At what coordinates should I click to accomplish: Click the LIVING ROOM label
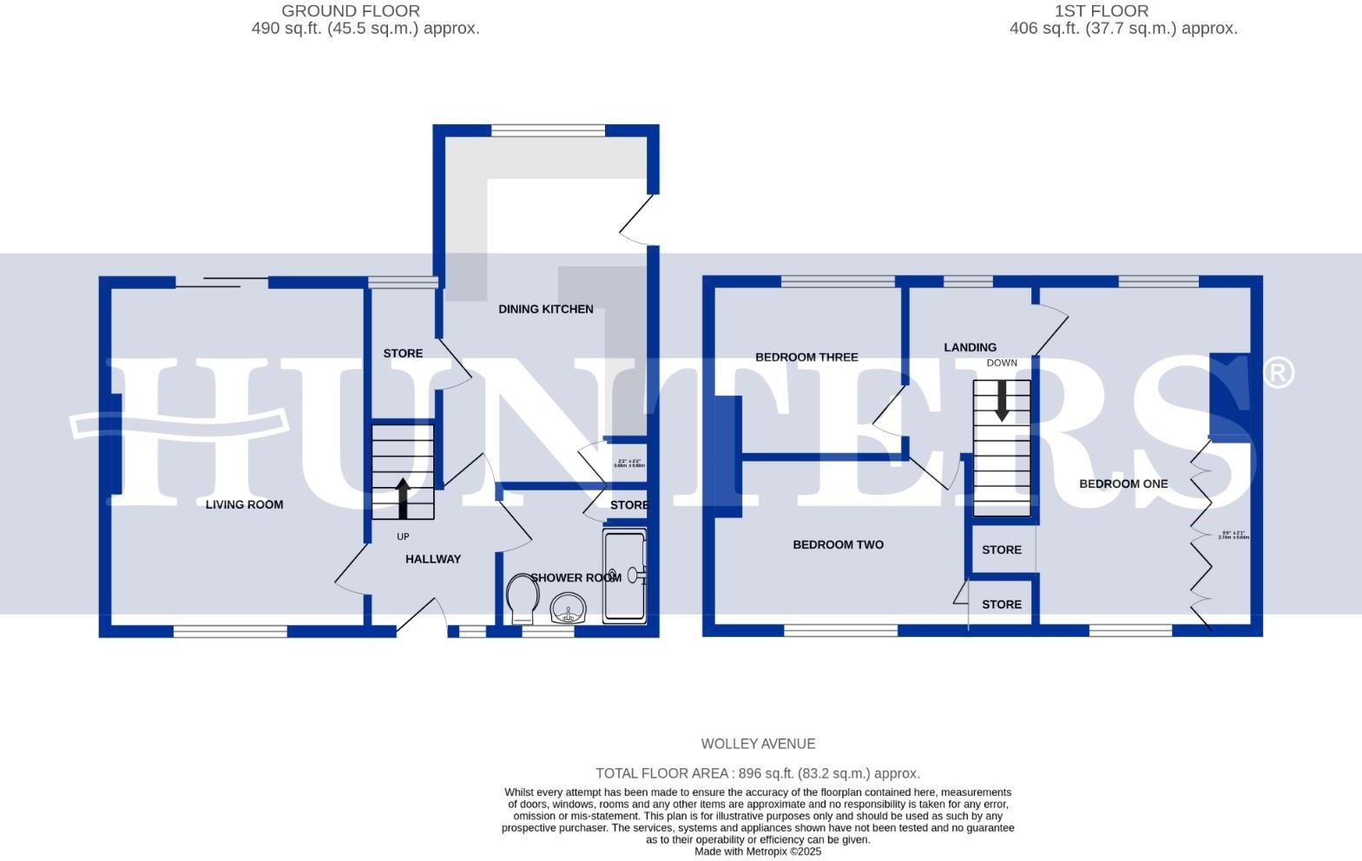(244, 504)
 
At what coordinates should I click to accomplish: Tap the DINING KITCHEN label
(545, 309)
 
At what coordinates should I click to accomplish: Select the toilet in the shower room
(523, 599)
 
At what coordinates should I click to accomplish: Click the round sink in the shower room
(569, 608)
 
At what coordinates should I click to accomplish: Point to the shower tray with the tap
(624, 576)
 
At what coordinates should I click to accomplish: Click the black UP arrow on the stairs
(403, 498)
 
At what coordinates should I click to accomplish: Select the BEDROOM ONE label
(1122, 483)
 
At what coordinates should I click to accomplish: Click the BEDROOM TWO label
(838, 545)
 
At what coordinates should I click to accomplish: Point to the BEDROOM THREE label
(806, 357)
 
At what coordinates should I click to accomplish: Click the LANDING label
(970, 347)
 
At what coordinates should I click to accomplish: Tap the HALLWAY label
(432, 559)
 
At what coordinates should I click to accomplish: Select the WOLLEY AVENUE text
(758, 744)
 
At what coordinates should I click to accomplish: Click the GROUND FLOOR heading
(351, 11)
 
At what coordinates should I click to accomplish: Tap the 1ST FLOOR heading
(1101, 11)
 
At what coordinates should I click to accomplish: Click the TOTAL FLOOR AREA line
(757, 773)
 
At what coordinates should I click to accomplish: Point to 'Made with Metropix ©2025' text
(757, 851)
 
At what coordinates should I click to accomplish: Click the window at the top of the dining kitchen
(548, 131)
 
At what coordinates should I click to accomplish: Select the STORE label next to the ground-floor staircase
(403, 353)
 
